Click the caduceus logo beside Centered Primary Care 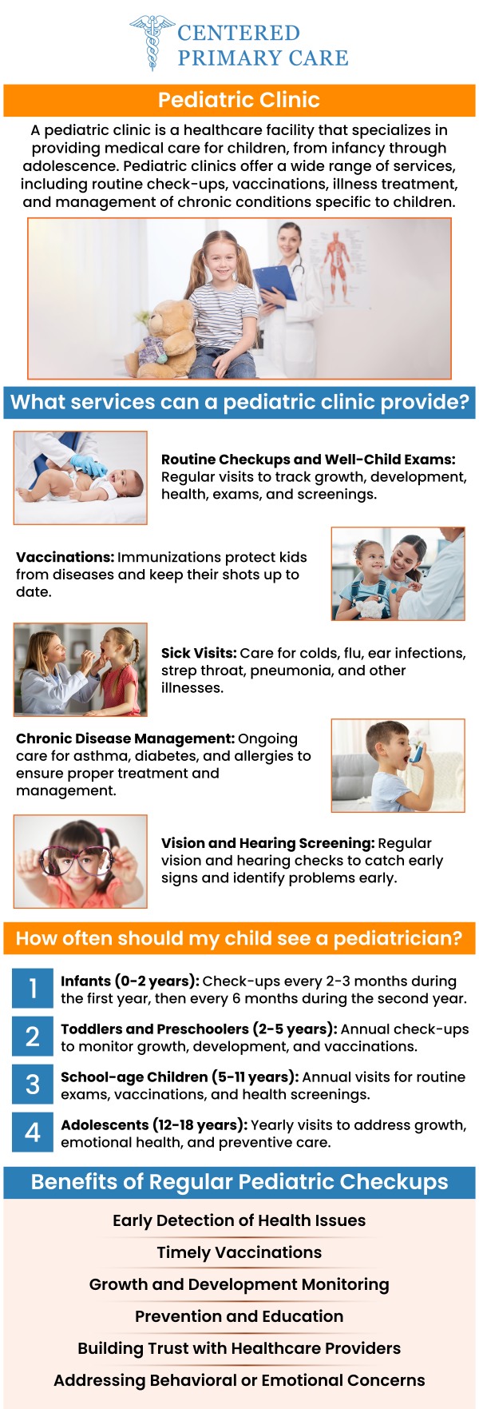[151, 42]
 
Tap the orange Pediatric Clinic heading [239, 100]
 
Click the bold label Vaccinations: [65, 557]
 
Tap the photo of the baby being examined [80, 477]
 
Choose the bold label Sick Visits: [199, 653]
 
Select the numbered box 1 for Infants [33, 989]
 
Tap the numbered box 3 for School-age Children [33, 1085]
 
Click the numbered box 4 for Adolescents [33, 1132]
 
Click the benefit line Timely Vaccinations [239, 1252]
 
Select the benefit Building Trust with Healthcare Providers [239, 1348]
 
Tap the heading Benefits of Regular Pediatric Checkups [239, 1182]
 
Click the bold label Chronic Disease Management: [125, 738]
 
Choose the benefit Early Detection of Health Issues [239, 1220]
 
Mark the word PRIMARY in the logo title [220, 58]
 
